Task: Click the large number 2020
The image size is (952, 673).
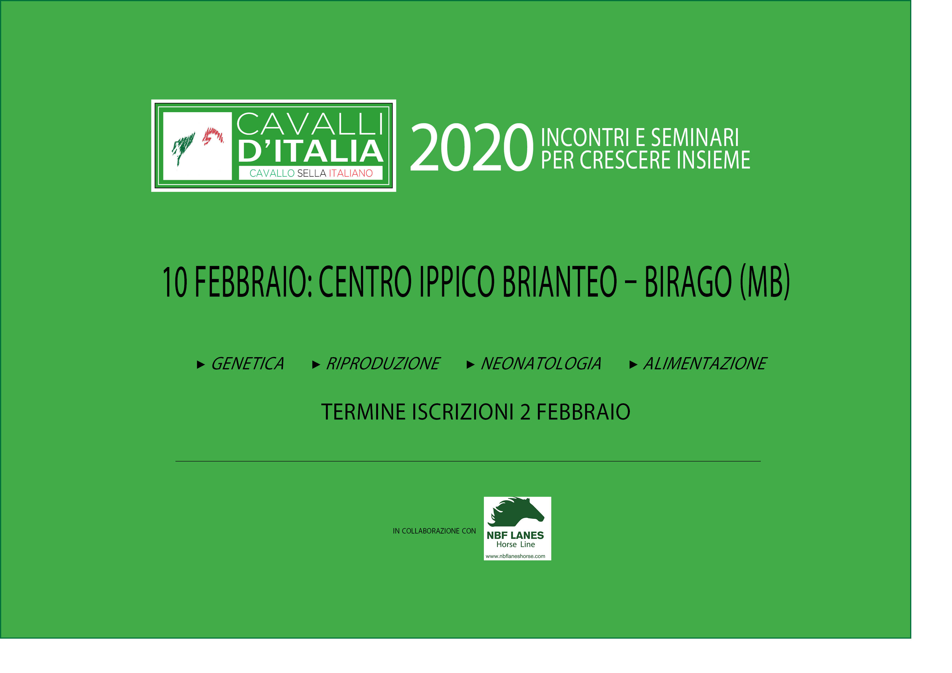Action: click(x=471, y=148)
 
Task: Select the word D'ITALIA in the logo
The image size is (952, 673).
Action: click(x=310, y=151)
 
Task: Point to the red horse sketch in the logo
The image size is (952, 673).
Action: click(x=213, y=136)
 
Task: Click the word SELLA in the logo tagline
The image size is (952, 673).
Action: click(x=311, y=173)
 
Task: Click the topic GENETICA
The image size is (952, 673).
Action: click(x=247, y=364)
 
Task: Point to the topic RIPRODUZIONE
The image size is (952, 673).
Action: click(x=383, y=364)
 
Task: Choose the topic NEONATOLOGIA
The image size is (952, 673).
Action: click(x=541, y=364)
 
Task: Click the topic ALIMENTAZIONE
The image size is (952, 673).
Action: click(x=705, y=364)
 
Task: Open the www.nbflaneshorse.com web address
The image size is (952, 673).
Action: click(x=515, y=556)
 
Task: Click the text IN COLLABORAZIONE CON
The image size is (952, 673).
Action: click(x=434, y=531)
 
